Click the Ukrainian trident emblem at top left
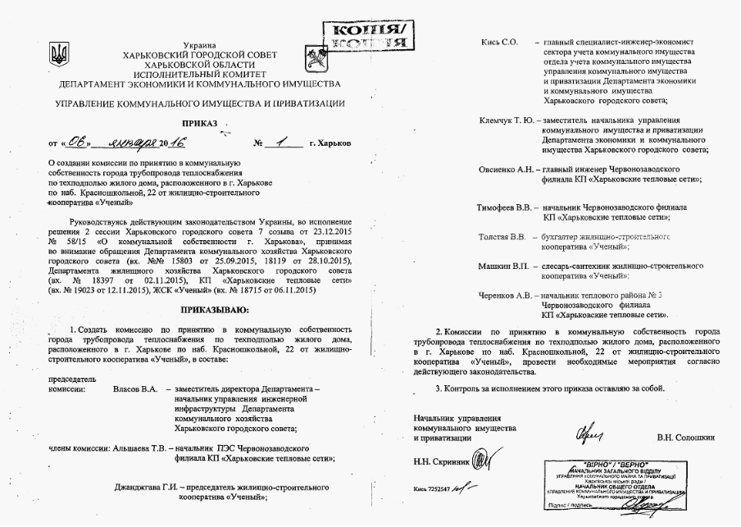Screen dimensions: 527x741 59,56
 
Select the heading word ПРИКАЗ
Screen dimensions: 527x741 199,123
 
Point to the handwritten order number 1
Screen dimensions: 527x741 283,142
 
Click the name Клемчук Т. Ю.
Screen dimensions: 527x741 507,120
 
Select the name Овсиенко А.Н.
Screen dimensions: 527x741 507,170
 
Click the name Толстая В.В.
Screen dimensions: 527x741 502,237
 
